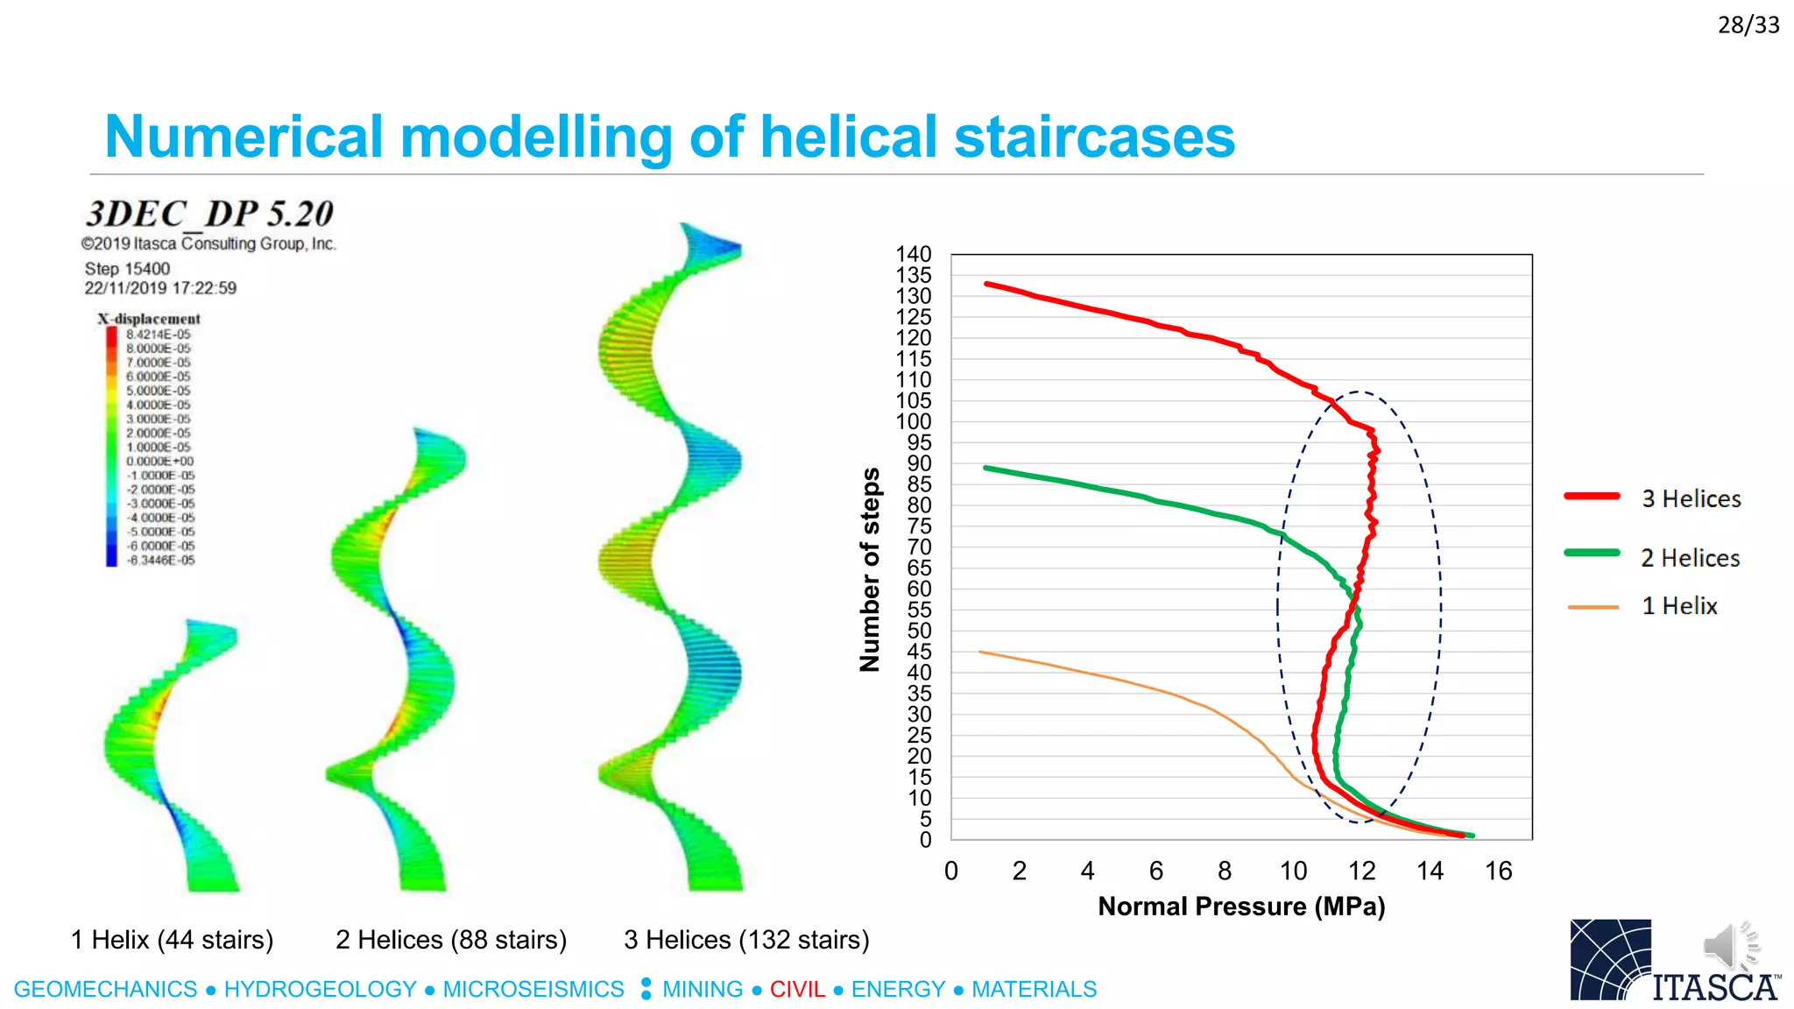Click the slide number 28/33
pos(1748,25)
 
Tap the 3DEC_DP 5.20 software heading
pos(209,214)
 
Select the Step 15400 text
pos(127,269)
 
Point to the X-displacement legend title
pos(149,319)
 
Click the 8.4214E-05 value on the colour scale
pos(158,335)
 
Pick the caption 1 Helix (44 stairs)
pos(172,940)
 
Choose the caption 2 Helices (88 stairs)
pos(450,940)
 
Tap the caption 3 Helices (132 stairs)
pos(746,940)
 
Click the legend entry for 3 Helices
pos(1690,498)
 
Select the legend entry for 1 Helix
pos(1678,606)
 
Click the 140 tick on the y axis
pos(913,254)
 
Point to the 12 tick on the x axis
pos(1361,871)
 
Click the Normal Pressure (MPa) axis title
pos(1241,907)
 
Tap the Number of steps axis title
pos(870,569)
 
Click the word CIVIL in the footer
pos(797,989)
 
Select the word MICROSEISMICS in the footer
pos(533,989)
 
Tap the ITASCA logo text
pos(1714,987)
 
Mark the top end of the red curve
pos(987,284)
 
